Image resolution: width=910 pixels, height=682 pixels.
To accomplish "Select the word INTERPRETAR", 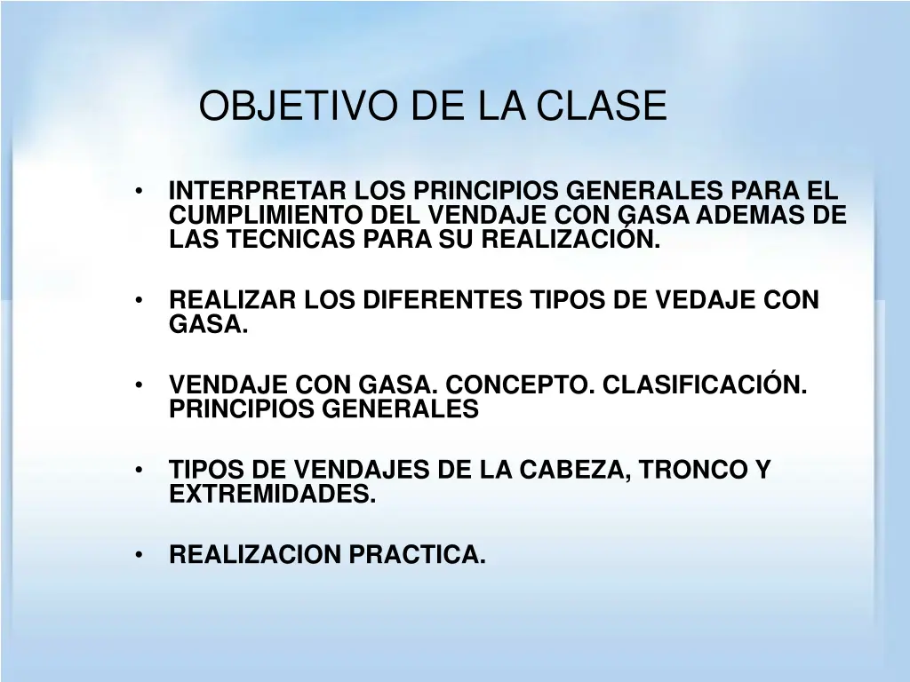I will click(x=259, y=191).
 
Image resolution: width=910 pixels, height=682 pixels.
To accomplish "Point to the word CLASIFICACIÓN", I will click(x=706, y=385).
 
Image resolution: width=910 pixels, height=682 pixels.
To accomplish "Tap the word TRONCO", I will click(x=687, y=470).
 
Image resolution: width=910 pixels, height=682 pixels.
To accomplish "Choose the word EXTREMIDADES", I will click(x=273, y=494).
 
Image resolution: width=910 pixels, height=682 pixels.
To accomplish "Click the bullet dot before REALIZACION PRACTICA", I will click(x=140, y=556).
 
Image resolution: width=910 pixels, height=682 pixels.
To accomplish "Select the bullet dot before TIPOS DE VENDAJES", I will click(x=140, y=471).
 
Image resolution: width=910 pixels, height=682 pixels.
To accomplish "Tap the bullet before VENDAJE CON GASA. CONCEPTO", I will click(x=140, y=386).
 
